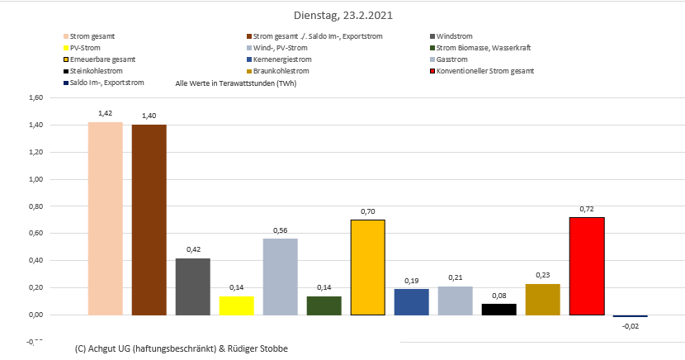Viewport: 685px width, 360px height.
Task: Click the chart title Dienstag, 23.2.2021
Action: [343, 15]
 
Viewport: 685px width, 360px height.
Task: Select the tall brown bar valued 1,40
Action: [149, 220]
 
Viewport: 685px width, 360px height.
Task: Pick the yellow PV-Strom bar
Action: [236, 305]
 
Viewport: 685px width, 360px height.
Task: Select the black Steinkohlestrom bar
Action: [498, 309]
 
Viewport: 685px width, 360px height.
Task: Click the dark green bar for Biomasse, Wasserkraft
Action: [324, 305]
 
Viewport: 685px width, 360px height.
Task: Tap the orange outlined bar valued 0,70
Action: [367, 267]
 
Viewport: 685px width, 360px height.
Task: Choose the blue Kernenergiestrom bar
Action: [411, 301]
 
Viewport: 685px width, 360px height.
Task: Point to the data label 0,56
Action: [280, 230]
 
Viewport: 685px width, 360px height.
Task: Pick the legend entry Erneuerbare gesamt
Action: [102, 59]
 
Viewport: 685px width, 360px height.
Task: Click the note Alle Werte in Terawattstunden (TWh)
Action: [236, 83]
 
